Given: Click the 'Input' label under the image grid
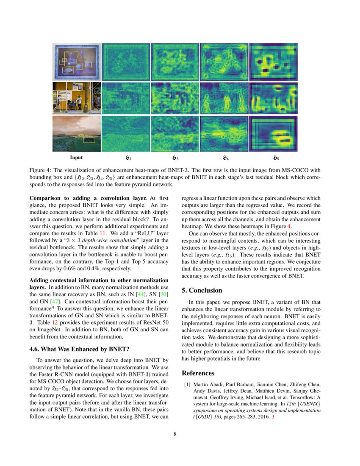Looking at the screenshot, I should point(76,158).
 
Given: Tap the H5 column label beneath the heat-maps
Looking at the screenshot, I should point(276,158).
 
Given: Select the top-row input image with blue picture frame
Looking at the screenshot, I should point(77,62).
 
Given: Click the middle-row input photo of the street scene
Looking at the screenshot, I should point(77,98).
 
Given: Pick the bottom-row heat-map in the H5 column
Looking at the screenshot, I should point(273,133).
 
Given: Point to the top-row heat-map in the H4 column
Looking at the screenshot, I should point(224,62).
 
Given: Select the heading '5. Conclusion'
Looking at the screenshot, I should point(202,291).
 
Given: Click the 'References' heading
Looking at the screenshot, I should point(198,373).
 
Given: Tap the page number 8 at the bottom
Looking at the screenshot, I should point(180,434).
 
